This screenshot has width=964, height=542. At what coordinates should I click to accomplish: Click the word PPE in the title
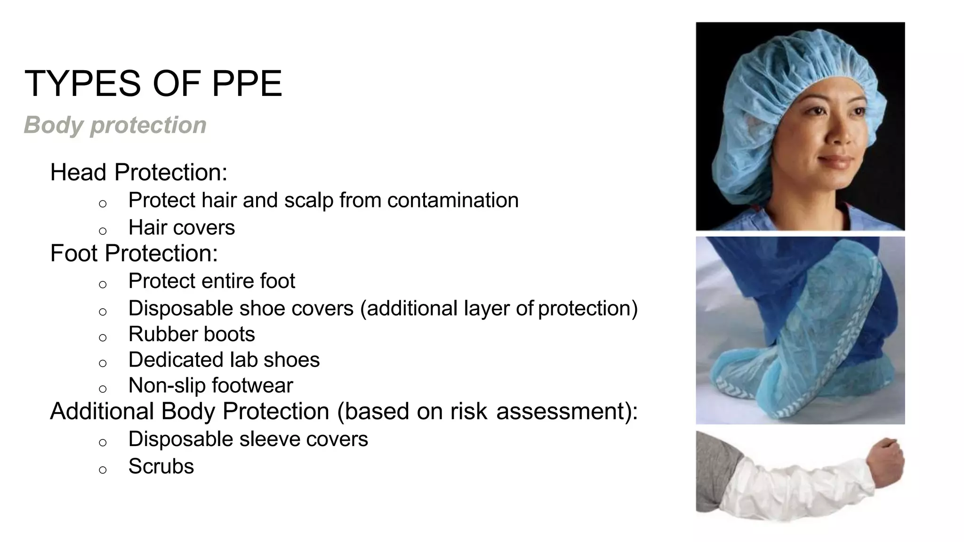247,84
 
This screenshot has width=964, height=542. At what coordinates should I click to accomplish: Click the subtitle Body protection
115,125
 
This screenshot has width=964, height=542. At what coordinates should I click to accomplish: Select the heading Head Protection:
138,172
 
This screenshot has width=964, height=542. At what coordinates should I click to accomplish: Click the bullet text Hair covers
181,228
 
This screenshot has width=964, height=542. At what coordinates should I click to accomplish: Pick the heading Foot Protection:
134,253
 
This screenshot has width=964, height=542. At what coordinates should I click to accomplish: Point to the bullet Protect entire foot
211,281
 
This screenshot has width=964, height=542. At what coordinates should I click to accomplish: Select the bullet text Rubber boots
192,335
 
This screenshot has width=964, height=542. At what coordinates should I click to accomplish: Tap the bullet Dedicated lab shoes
224,360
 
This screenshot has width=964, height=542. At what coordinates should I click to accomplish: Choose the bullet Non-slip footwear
210,386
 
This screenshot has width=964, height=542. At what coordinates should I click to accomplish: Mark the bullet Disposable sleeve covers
248,439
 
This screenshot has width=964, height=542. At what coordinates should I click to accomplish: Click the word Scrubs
161,467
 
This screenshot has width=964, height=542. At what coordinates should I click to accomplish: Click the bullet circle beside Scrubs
103,470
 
